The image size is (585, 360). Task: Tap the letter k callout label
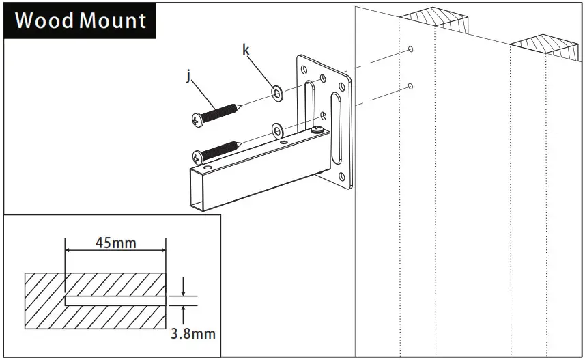click(246, 49)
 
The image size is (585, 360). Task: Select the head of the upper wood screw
click(197, 120)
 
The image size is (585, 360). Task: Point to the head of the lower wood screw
click(198, 157)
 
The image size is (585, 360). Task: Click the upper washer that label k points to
click(278, 93)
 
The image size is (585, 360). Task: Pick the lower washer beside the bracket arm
click(277, 130)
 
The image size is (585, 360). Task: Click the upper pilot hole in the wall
click(409, 49)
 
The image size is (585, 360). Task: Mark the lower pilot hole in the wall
click(409, 85)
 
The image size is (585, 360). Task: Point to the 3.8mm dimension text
click(192, 333)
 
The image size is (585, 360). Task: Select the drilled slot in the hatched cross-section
click(115, 300)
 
